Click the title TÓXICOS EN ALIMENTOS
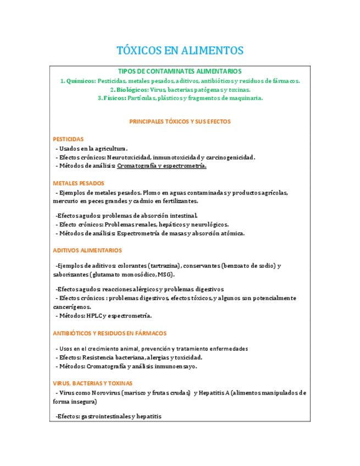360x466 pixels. coord(180,51)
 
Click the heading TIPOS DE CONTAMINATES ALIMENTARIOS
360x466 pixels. coord(180,71)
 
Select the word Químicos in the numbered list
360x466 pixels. coord(80,81)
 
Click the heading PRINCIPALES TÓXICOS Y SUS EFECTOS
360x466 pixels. coord(180,121)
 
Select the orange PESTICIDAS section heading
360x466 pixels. coord(68,140)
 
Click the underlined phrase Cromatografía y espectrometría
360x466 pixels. coord(162,166)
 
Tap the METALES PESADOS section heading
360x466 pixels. coord(79,183)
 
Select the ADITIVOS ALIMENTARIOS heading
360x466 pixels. coord(87,251)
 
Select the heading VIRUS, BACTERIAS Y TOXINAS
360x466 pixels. coord(92,383)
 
